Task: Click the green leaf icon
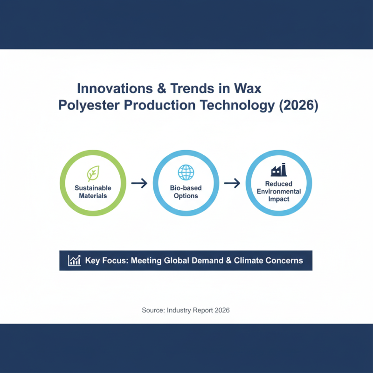[x=93, y=173]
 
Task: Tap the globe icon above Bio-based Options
[x=186, y=172]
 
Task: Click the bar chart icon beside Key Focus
[x=74, y=260]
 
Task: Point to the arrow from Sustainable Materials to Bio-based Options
[x=139, y=183]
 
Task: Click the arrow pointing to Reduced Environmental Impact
[x=232, y=183]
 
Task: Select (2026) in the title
[x=298, y=105]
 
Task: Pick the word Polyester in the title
[x=89, y=105]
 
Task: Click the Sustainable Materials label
[x=93, y=192]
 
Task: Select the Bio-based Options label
[x=186, y=192]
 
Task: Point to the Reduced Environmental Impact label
[x=279, y=192]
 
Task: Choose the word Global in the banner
[x=178, y=260]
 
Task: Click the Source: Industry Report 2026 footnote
[x=186, y=310]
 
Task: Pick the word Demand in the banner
[x=210, y=260]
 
